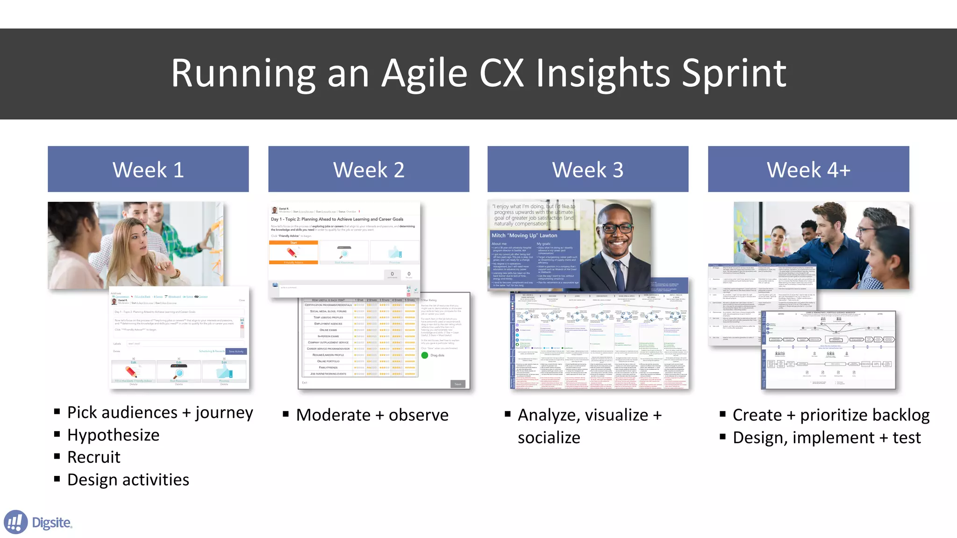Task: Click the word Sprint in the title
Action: point(734,73)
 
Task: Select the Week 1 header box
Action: point(148,169)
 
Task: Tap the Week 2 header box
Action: point(369,169)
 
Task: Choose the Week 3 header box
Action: point(588,169)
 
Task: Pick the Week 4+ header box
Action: point(808,169)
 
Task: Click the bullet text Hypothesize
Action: point(114,435)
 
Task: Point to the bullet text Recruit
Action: point(94,457)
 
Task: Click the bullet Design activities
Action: point(128,480)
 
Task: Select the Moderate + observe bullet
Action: point(372,415)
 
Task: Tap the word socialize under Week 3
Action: point(549,438)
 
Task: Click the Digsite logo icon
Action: point(16,522)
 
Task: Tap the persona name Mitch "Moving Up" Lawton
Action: point(524,235)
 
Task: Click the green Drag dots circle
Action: point(425,355)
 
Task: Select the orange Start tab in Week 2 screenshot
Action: point(293,243)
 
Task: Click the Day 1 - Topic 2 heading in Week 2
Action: point(337,219)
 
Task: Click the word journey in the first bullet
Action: point(224,412)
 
